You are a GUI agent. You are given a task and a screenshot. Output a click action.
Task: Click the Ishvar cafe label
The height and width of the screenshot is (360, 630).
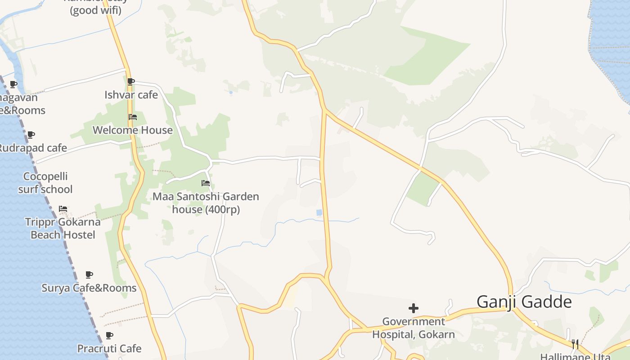131,95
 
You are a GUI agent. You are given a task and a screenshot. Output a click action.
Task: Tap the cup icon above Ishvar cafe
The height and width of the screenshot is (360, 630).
130,81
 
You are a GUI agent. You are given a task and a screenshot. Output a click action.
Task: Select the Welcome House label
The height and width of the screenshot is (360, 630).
132,130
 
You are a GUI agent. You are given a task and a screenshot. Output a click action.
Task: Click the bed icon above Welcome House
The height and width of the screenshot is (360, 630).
132,117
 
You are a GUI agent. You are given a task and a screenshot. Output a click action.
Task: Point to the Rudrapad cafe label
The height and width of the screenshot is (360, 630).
32,148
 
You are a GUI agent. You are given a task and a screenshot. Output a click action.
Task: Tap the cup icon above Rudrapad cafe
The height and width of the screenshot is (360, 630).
31,135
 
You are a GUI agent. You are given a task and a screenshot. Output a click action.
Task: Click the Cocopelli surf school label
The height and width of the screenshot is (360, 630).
45,183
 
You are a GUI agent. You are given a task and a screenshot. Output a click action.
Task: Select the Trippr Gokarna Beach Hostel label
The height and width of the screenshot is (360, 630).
63,228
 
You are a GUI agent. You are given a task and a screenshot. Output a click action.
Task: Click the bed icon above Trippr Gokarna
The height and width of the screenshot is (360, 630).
63,209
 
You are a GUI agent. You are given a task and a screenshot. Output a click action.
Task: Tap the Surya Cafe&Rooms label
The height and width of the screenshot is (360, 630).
89,288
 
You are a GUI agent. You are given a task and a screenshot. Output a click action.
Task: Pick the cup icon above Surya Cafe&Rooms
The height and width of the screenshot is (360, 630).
89,274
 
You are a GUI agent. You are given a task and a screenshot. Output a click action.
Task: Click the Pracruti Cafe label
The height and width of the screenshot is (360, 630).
109,349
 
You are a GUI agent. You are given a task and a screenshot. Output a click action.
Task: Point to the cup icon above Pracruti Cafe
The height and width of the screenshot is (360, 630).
109,335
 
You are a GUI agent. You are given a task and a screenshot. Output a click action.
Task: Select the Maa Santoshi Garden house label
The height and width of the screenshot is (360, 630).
206,203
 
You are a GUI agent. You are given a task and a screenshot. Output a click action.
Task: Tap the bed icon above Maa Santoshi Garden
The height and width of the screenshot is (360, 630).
206,183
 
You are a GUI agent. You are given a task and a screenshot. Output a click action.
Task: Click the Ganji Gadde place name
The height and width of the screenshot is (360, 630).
524,301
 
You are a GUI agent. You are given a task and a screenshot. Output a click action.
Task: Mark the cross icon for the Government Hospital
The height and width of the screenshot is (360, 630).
413,308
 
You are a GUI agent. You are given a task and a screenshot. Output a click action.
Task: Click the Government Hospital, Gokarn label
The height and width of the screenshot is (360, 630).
413,328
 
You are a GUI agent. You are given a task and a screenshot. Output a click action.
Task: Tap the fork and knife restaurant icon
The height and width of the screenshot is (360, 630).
575,344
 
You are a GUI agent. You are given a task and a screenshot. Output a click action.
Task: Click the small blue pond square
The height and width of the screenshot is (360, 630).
319,212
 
